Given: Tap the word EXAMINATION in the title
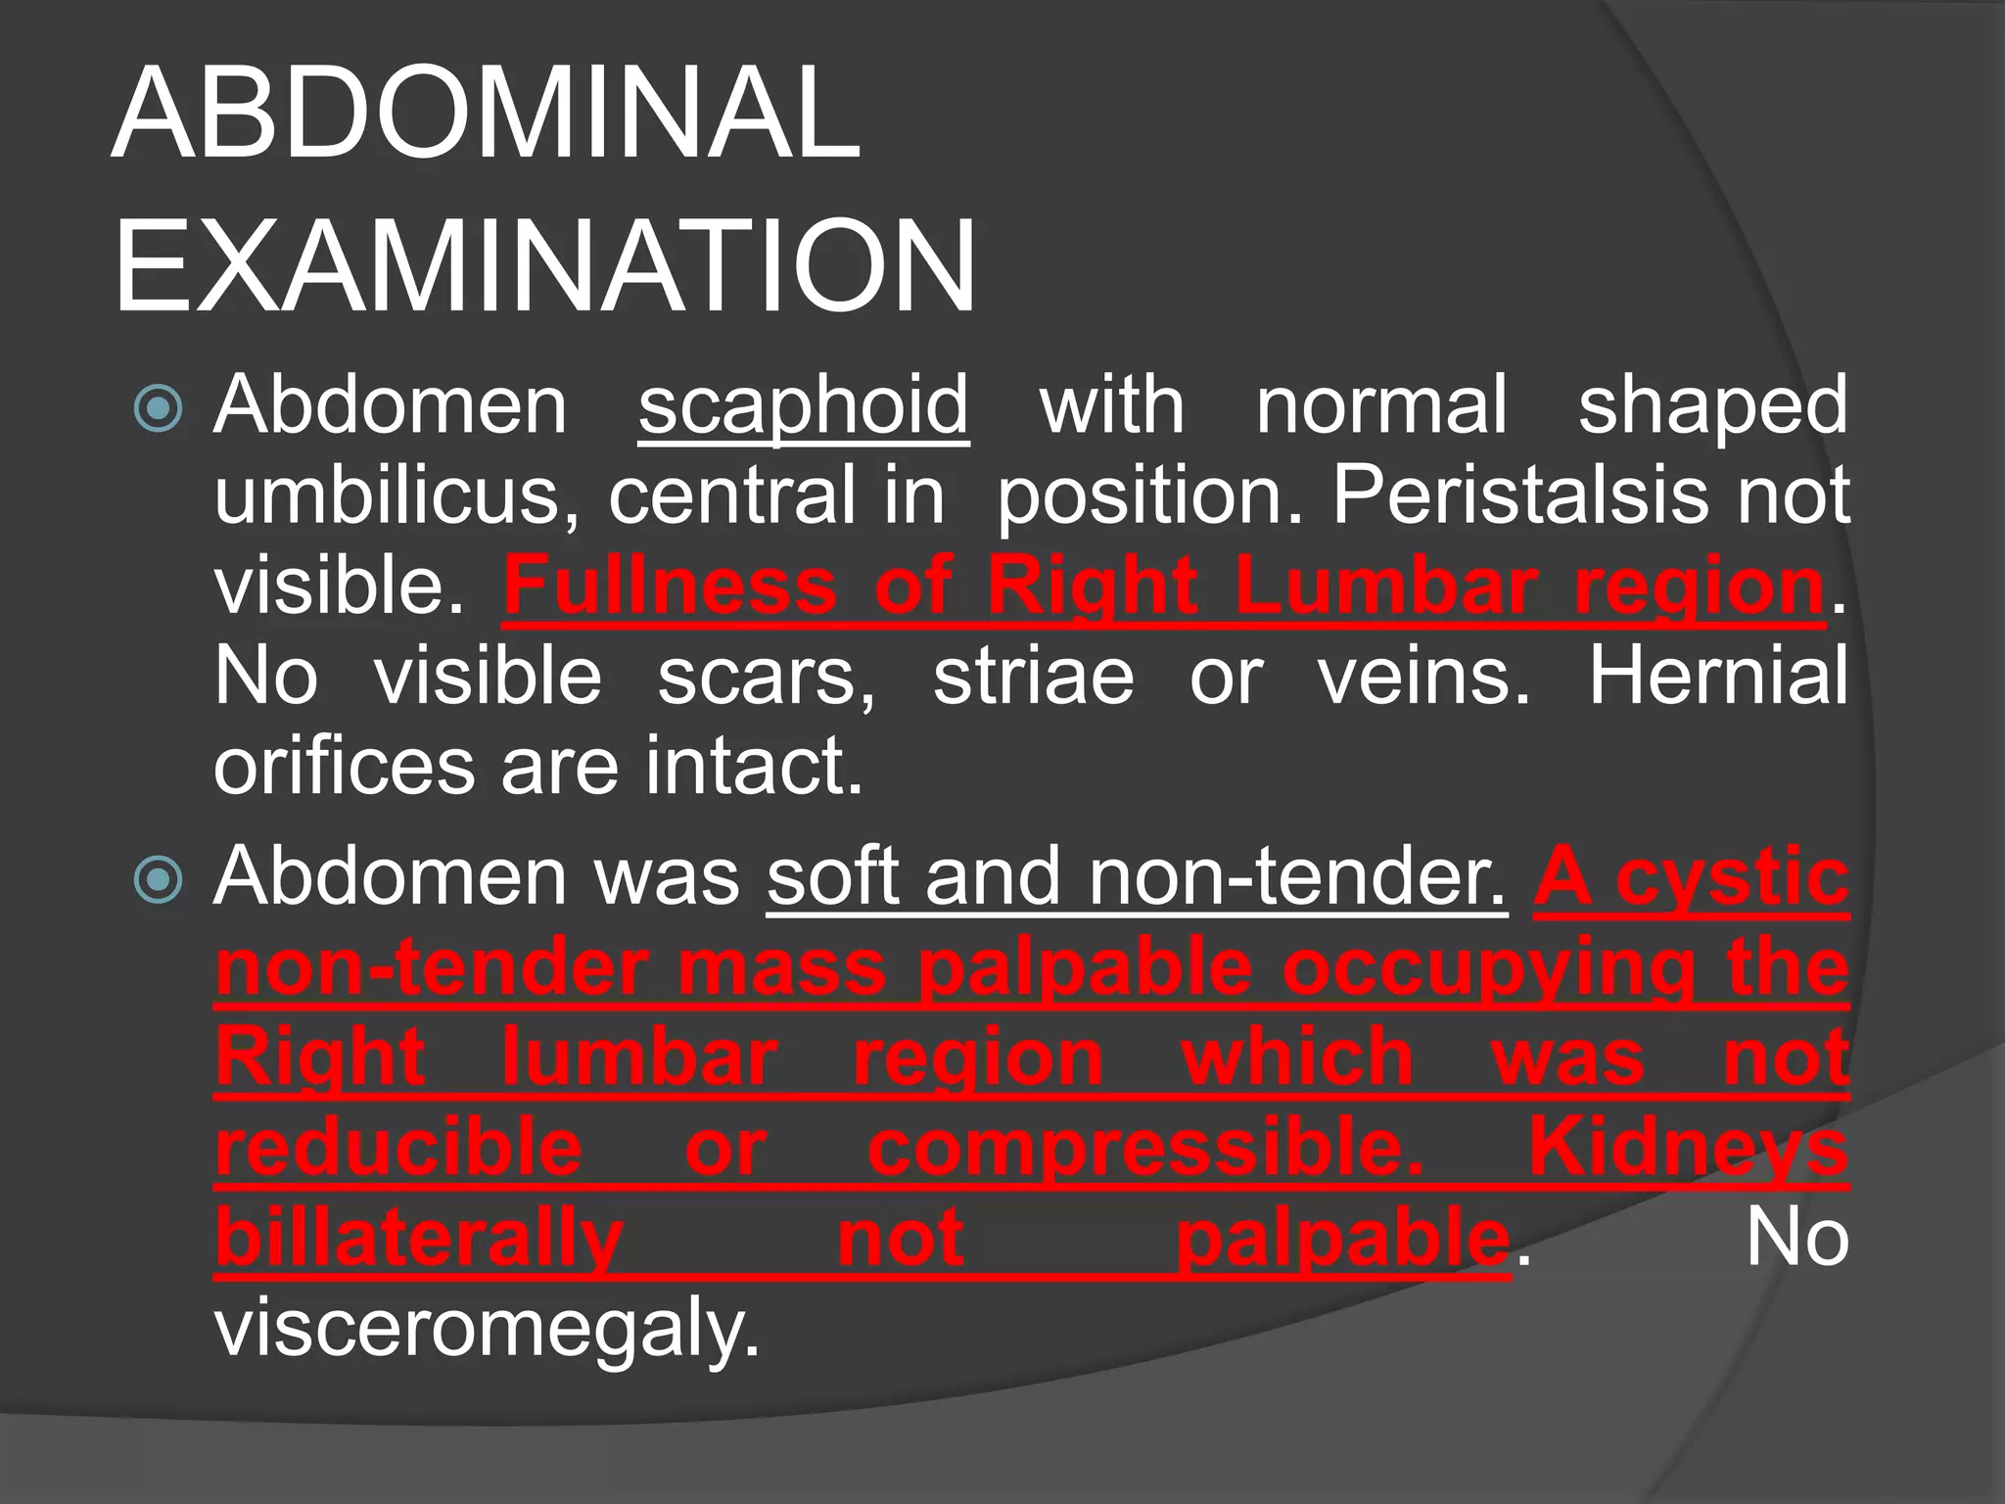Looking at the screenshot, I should click(544, 266).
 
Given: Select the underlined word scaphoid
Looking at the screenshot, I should click(803, 405).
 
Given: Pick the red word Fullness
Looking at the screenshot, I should click(670, 586).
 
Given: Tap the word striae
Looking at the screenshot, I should click(1033, 676).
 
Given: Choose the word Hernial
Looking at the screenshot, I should click(1718, 676).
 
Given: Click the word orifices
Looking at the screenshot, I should click(344, 766).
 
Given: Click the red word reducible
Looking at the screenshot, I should click(399, 1148).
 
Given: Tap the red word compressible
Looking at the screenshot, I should click(1145, 1150).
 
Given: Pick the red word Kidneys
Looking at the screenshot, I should click(1689, 1148).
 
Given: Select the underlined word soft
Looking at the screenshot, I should click(831, 877).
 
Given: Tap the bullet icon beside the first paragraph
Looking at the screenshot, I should click(159, 408).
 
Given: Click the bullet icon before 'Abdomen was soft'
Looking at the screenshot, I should click(159, 879).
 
